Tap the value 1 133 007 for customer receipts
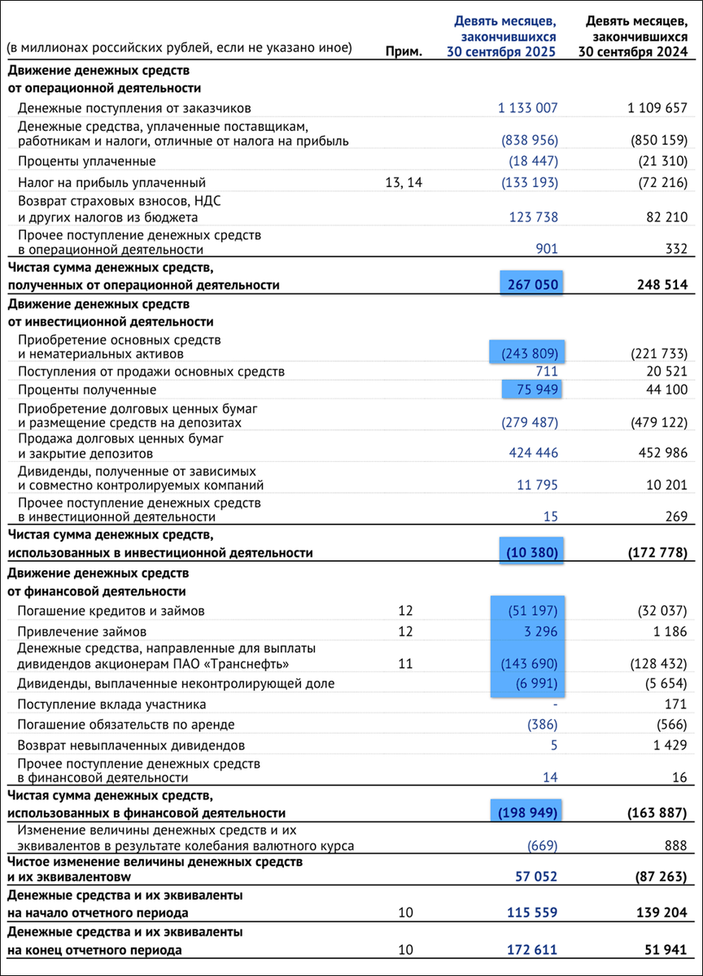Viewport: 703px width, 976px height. tap(528, 107)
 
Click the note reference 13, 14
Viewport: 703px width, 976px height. tap(404, 182)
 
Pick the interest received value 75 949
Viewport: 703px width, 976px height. tap(533, 390)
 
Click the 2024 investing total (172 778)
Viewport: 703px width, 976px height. tap(657, 553)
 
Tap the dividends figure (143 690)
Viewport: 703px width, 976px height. tap(529, 664)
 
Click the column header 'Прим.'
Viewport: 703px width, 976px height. tap(404, 50)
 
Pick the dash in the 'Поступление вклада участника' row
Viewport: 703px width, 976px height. tap(554, 704)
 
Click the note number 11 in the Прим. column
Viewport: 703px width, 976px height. tap(405, 664)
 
